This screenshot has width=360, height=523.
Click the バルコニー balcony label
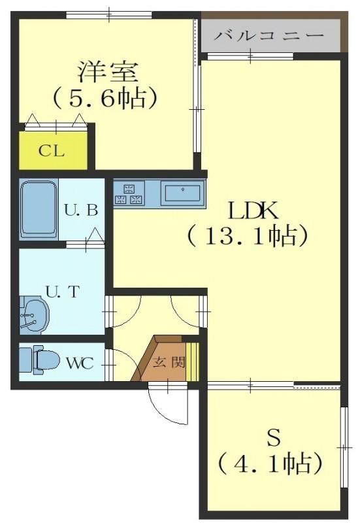[x=269, y=36]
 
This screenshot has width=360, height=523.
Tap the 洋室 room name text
[x=108, y=72]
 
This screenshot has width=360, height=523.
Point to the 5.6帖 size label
[x=105, y=97]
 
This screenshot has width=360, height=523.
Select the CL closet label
[x=52, y=151]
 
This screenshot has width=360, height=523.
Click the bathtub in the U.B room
[x=39, y=209]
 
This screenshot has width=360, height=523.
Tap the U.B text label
[x=81, y=211]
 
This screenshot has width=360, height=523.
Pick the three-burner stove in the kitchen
[x=129, y=194]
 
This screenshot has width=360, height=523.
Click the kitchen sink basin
[x=183, y=193]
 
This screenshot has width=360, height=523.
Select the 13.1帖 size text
[x=247, y=236]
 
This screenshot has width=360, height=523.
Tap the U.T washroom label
[x=63, y=292]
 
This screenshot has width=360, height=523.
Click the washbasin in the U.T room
[x=35, y=315]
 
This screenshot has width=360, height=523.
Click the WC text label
[x=80, y=363]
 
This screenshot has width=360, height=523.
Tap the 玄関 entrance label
[x=169, y=362]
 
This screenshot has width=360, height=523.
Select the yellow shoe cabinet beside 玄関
[x=192, y=362]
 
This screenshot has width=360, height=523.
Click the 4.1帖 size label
[x=270, y=464]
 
